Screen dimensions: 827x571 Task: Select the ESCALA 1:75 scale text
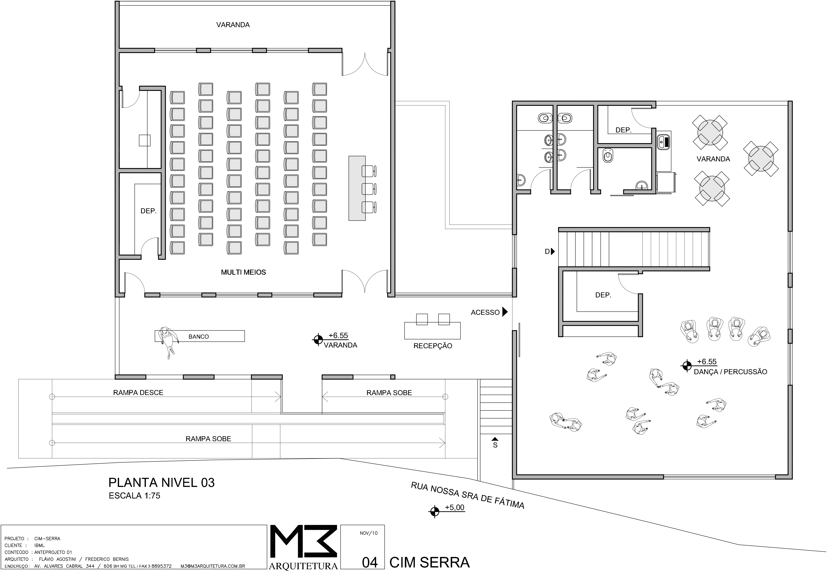click(x=135, y=495)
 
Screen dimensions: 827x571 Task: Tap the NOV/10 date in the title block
click(x=369, y=533)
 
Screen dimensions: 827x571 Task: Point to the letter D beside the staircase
click(x=547, y=252)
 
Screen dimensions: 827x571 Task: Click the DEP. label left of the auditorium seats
click(x=148, y=211)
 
